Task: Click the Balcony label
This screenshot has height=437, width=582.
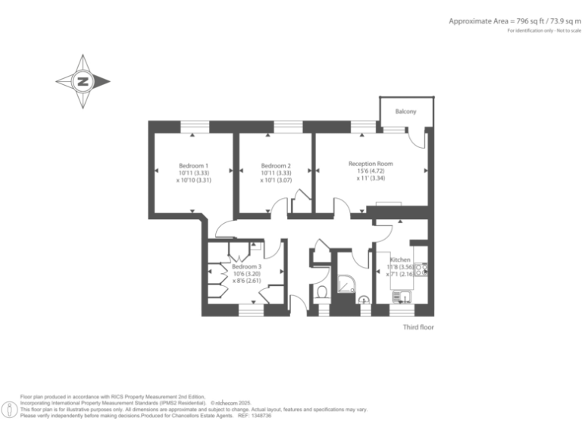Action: point(405,112)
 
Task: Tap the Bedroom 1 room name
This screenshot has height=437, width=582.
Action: point(193,165)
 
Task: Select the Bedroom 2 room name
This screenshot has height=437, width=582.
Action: point(276,165)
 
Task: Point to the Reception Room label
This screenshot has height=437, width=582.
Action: point(371,163)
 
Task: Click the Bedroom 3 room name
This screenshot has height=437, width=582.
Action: point(246,267)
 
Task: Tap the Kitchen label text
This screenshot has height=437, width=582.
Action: point(400,259)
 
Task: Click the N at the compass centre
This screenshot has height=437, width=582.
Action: point(83,81)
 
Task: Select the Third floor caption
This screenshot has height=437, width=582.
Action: point(418,328)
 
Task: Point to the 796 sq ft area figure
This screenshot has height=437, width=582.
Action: point(516,21)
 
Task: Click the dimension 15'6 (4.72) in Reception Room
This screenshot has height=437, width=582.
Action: point(371,171)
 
